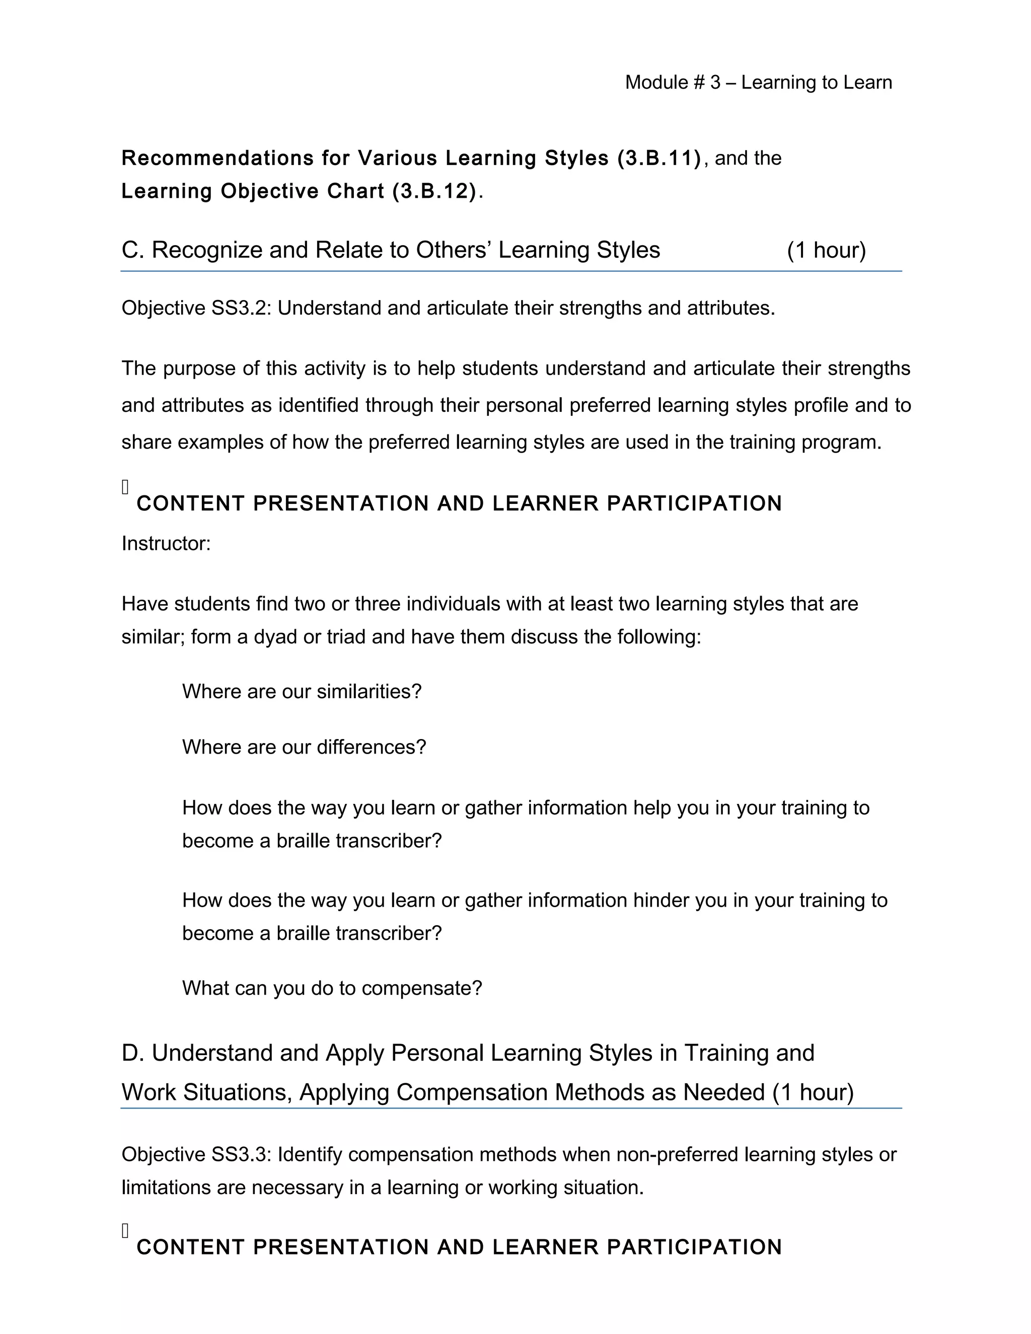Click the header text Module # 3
[673, 83]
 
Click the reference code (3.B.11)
[659, 158]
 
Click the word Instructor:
[166, 544]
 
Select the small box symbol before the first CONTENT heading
[125, 487]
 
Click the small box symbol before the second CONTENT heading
[125, 1231]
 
